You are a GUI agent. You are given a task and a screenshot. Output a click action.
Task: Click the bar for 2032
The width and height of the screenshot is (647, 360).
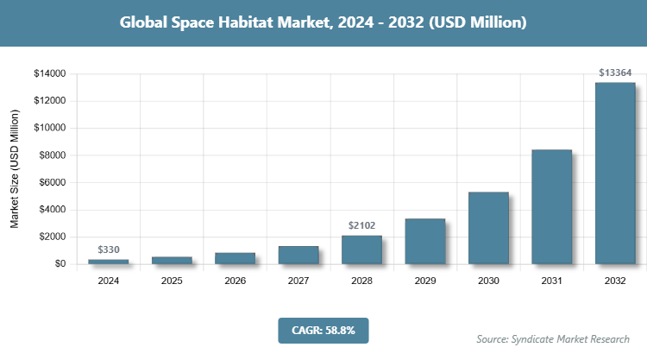click(615, 173)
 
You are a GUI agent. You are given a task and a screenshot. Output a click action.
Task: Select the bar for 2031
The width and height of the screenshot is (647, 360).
click(551, 206)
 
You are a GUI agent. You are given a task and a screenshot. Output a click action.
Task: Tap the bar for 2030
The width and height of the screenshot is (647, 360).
click(488, 228)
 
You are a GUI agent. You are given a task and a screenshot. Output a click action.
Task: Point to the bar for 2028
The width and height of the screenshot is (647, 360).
click(361, 249)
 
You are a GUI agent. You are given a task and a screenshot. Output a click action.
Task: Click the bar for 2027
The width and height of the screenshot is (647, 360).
click(298, 255)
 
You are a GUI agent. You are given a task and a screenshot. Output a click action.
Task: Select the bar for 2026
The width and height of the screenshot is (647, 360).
click(235, 258)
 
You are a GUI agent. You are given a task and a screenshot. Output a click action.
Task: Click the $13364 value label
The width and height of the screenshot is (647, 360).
click(615, 73)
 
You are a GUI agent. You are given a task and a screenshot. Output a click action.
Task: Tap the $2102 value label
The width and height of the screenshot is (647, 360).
click(361, 225)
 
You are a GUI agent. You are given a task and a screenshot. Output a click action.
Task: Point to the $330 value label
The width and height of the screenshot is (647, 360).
click(109, 249)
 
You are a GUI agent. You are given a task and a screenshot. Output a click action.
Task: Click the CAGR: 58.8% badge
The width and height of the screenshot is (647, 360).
click(323, 330)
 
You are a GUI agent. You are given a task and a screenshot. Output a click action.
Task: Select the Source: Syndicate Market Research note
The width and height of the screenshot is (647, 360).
click(553, 338)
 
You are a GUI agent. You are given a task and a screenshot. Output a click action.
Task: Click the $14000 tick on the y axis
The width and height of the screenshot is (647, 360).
click(49, 74)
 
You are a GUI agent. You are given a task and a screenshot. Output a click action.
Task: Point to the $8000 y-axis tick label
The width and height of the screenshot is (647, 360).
click(52, 155)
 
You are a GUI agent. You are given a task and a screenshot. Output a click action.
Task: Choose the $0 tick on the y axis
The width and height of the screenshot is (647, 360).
click(60, 264)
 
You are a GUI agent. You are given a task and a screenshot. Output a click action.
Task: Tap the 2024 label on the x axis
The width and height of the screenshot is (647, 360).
click(109, 281)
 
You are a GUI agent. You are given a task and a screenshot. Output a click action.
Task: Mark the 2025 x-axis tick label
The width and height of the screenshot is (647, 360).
click(172, 281)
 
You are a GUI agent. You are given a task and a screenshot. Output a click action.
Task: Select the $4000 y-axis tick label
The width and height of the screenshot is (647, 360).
click(52, 210)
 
